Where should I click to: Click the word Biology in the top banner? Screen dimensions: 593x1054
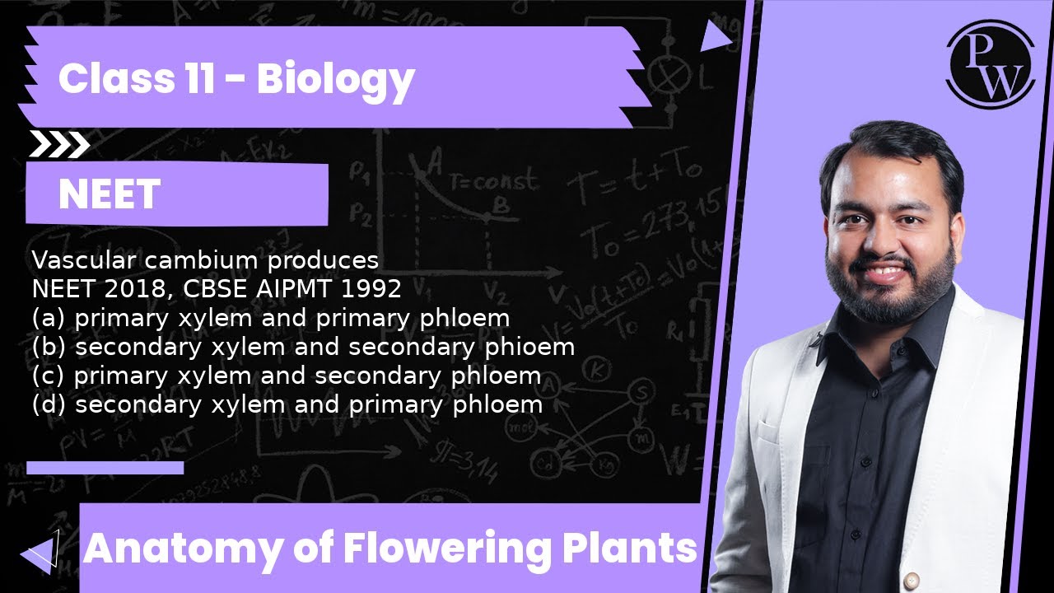335,79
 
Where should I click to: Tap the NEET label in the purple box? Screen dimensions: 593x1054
109,194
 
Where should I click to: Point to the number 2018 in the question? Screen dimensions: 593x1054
117,289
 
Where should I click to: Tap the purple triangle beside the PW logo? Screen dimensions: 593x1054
715,35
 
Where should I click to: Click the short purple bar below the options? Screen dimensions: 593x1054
105,468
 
